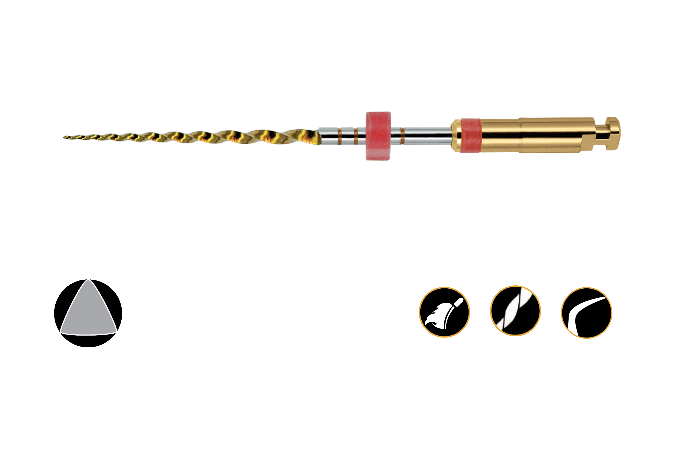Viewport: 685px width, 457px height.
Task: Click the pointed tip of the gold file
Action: [64, 137]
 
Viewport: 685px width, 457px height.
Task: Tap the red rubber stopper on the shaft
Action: [378, 136]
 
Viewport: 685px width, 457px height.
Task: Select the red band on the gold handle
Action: [470, 135]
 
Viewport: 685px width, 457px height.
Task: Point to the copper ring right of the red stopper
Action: [402, 136]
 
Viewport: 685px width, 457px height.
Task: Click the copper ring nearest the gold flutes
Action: [339, 136]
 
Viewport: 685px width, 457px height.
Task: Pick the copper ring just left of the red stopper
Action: [356, 136]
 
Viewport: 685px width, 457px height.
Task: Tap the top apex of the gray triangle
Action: [88, 280]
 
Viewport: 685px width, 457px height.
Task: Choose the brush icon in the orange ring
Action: [444, 313]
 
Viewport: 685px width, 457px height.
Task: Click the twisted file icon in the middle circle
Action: [515, 311]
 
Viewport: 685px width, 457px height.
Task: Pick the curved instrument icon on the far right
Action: [587, 313]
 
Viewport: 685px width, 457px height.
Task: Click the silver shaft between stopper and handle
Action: [427, 136]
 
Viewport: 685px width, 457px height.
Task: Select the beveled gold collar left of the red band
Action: [456, 135]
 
